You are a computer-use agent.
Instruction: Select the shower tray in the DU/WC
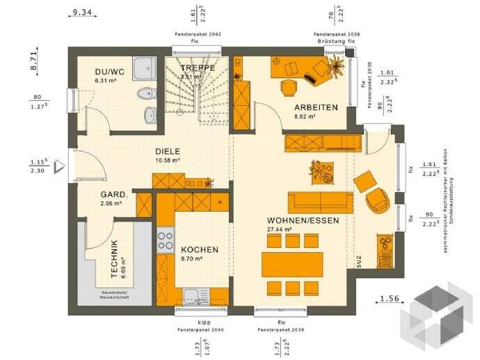[x=145, y=69]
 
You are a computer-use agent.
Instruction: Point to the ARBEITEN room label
[x=316, y=108]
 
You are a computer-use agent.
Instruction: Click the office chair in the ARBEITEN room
[x=287, y=87]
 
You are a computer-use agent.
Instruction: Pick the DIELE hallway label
[x=168, y=151]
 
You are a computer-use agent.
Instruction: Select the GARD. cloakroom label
[x=113, y=194]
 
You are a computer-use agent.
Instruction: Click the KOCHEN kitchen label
[x=200, y=249]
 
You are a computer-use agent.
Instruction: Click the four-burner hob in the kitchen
[x=166, y=240]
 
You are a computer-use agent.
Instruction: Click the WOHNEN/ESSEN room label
[x=303, y=221]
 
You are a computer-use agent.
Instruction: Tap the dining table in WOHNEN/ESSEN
[x=291, y=264]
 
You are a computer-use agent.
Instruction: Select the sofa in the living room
[x=321, y=201]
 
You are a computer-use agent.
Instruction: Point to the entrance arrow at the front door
[x=59, y=166]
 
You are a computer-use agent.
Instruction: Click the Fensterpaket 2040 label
[x=195, y=329]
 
